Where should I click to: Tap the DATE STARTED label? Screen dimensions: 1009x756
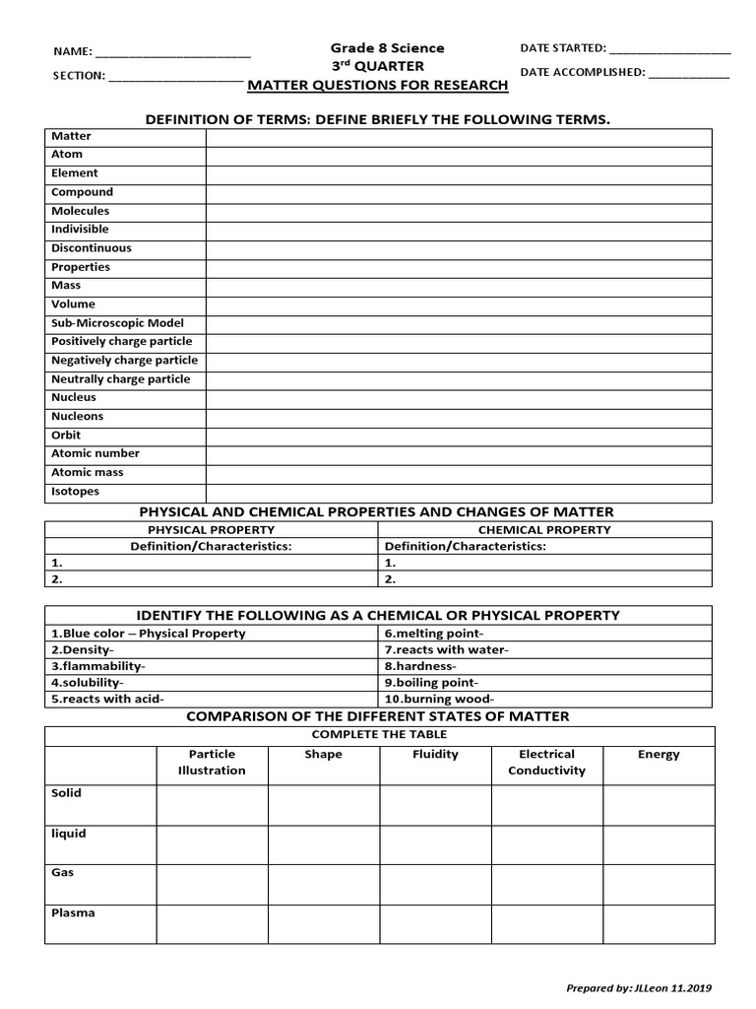click(562, 47)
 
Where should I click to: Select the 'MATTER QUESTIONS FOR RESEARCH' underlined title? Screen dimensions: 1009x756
click(378, 85)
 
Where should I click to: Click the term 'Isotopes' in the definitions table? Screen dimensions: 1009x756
click(76, 491)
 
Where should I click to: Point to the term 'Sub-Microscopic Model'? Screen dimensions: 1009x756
click(117, 322)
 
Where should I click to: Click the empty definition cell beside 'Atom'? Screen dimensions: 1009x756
click(459, 155)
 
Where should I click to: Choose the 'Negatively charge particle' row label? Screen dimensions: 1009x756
click(124, 360)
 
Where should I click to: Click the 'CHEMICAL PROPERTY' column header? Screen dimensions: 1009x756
click(544, 529)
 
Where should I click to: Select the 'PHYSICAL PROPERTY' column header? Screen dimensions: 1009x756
click(211, 529)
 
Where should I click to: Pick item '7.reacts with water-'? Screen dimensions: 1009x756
click(446, 649)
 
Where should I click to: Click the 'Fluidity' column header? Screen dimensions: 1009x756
click(435, 754)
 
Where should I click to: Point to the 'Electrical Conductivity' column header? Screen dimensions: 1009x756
click(546, 762)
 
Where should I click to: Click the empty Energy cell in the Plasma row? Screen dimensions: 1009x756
click(659, 923)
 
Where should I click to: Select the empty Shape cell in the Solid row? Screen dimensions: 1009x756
click(323, 804)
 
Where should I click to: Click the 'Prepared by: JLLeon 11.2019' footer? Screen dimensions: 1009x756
click(640, 987)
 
